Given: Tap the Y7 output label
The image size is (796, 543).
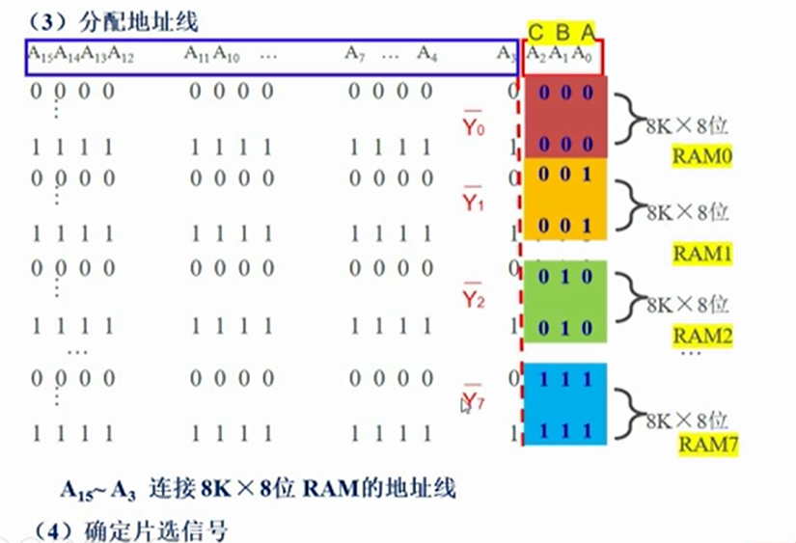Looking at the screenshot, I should pyautogui.click(x=473, y=397).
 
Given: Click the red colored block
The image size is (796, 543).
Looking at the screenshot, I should pyautogui.click(x=564, y=117).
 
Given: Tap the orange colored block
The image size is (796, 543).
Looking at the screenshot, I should pyautogui.click(x=564, y=199).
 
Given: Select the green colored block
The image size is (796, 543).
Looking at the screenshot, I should pyautogui.click(x=564, y=302).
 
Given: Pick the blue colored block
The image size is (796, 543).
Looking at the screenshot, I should pyautogui.click(x=564, y=403).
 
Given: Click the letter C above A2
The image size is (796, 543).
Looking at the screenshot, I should pyautogui.click(x=535, y=33).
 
